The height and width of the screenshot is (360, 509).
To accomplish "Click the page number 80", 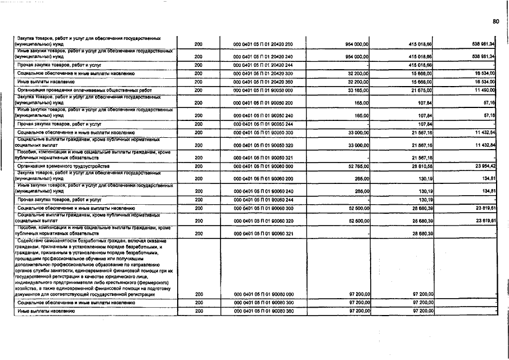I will click(496, 21).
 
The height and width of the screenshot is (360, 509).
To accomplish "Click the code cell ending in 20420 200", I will click(263, 44).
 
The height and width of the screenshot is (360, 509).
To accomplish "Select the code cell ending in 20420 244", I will click(263, 65).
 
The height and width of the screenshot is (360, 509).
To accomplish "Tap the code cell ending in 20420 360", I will click(263, 82).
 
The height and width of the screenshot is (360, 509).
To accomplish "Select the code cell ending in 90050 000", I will click(263, 90).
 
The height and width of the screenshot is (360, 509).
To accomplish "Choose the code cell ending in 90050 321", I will click(263, 158).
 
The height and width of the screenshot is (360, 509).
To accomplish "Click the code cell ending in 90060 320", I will click(263, 221).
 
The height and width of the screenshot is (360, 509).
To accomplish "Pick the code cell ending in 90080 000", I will click(263, 294).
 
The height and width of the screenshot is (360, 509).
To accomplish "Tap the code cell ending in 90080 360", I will click(263, 310).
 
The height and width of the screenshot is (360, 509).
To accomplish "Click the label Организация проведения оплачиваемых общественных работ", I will click(76, 90).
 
